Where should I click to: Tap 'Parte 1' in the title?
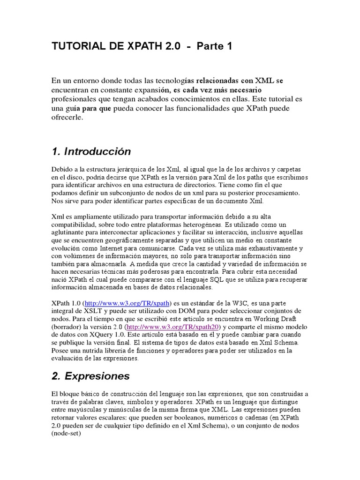click(x=214, y=46)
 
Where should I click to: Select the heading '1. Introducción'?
click(x=91, y=152)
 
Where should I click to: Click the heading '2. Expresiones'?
click(x=90, y=376)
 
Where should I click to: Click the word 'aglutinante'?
click(x=69, y=232)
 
